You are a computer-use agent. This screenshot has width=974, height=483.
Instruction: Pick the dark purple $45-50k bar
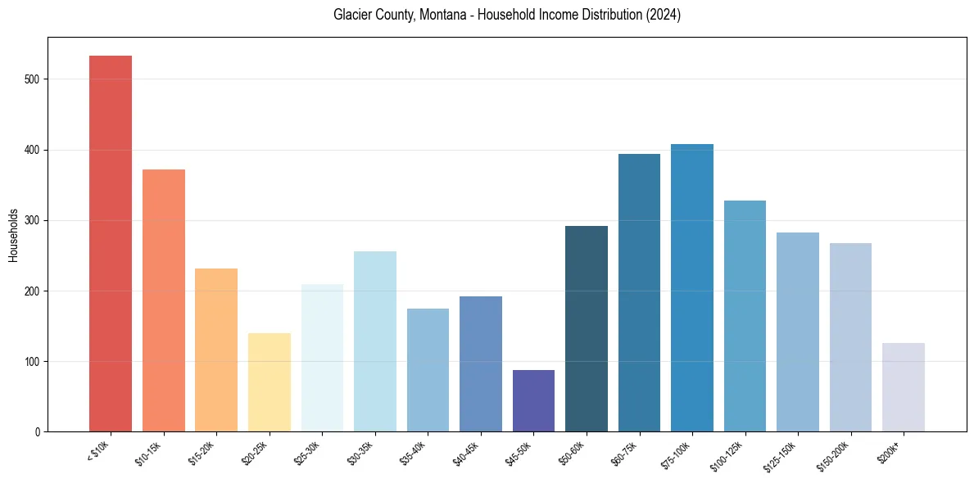tap(533, 401)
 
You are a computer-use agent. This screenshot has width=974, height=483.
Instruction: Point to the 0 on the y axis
tap(39, 431)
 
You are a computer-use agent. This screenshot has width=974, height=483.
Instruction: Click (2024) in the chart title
tap(663, 15)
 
